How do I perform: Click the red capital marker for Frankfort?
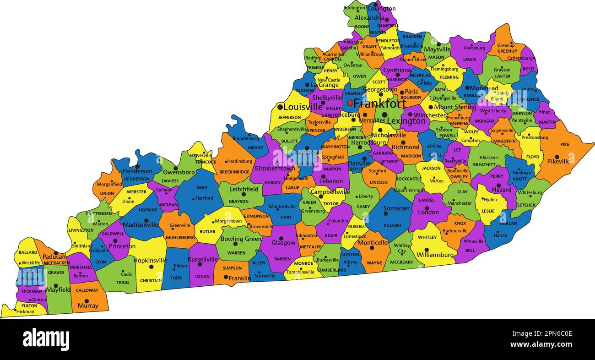point(350,103)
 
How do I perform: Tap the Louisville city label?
point(303,107)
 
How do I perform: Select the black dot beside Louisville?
point(280,107)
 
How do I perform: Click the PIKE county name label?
point(565,144)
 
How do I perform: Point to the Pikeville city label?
point(558,161)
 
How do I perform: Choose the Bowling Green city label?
point(241,239)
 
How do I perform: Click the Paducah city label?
point(54,257)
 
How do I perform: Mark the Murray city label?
point(88,305)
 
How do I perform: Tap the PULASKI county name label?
point(392,225)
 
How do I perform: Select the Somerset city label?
point(396,208)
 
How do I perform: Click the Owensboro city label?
point(179,172)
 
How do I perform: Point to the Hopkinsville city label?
point(150,260)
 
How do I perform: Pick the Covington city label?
point(381,8)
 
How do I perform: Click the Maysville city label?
point(437,49)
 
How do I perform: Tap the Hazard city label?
point(502,189)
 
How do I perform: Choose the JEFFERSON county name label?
point(289,117)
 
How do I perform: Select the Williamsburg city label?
point(435,255)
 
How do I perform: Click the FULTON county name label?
point(29,305)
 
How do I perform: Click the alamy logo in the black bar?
point(46,339)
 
